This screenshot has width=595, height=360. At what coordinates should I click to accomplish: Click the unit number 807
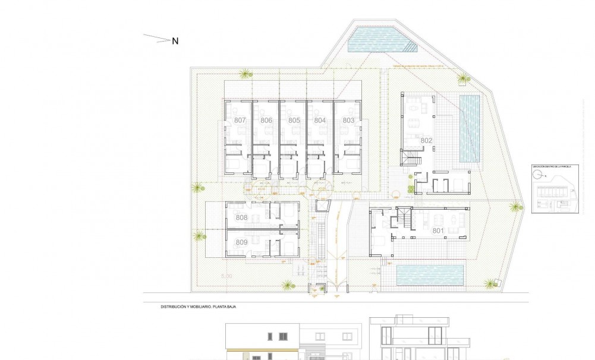[240, 120]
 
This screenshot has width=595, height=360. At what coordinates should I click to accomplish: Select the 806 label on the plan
[266, 120]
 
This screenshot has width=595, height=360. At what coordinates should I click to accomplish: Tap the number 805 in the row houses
[294, 120]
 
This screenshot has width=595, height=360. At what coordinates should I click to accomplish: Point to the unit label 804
[320, 120]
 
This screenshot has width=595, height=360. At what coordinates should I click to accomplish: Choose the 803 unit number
[348, 120]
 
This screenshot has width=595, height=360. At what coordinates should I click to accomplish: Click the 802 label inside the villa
[426, 141]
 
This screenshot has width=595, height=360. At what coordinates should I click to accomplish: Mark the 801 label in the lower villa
[438, 230]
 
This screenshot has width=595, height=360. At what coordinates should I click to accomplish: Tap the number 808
[241, 218]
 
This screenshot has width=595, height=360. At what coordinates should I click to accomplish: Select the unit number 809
[241, 242]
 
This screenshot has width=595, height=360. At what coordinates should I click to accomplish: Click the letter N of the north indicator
[175, 41]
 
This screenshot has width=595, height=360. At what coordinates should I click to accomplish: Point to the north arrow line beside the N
[157, 39]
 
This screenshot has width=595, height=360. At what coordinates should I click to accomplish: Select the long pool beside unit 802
[470, 129]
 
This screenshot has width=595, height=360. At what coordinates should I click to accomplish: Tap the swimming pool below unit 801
[430, 275]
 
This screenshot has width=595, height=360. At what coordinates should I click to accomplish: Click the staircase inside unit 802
[412, 159]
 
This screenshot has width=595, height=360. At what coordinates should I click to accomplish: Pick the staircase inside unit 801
[404, 220]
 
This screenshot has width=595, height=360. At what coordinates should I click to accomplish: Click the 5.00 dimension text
[226, 277]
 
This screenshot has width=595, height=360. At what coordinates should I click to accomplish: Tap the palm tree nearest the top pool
[462, 77]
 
